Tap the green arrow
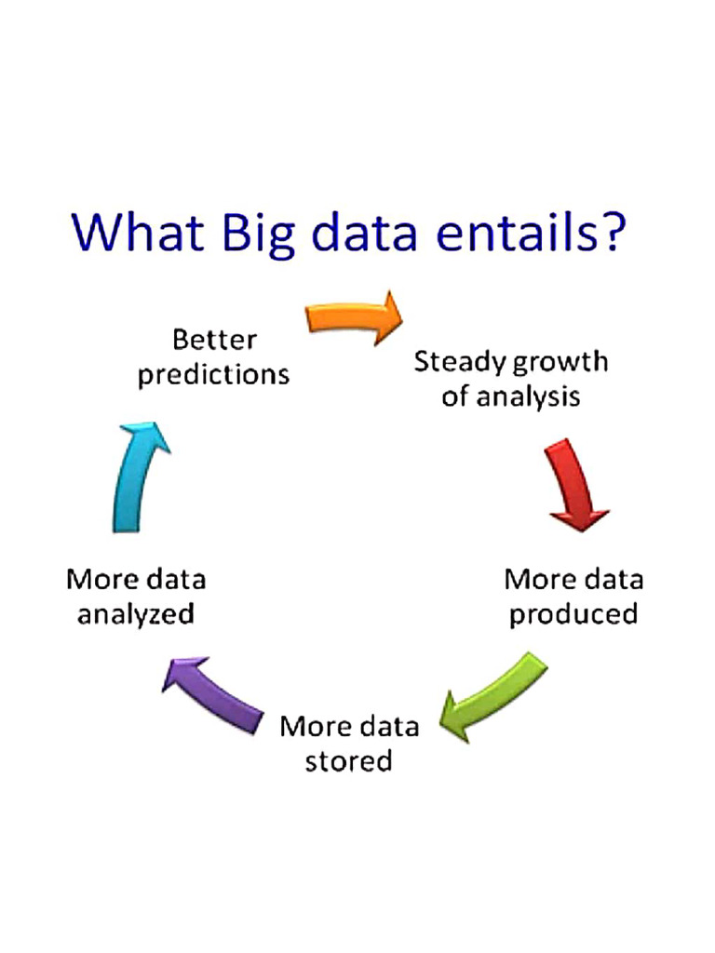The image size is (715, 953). (493, 697)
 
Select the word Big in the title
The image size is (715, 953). (262, 233)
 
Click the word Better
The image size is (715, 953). (215, 339)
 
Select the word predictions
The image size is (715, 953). (214, 374)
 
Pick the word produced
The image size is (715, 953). (573, 614)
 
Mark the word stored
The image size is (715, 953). (349, 760)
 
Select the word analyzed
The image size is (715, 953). (136, 614)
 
